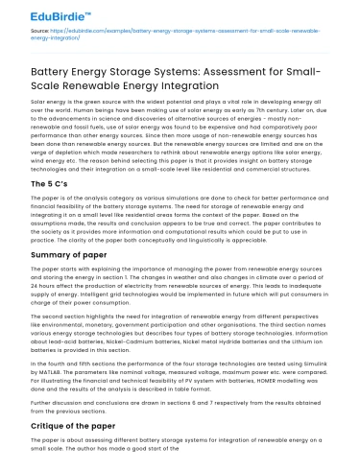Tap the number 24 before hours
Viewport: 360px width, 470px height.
point(36,286)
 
